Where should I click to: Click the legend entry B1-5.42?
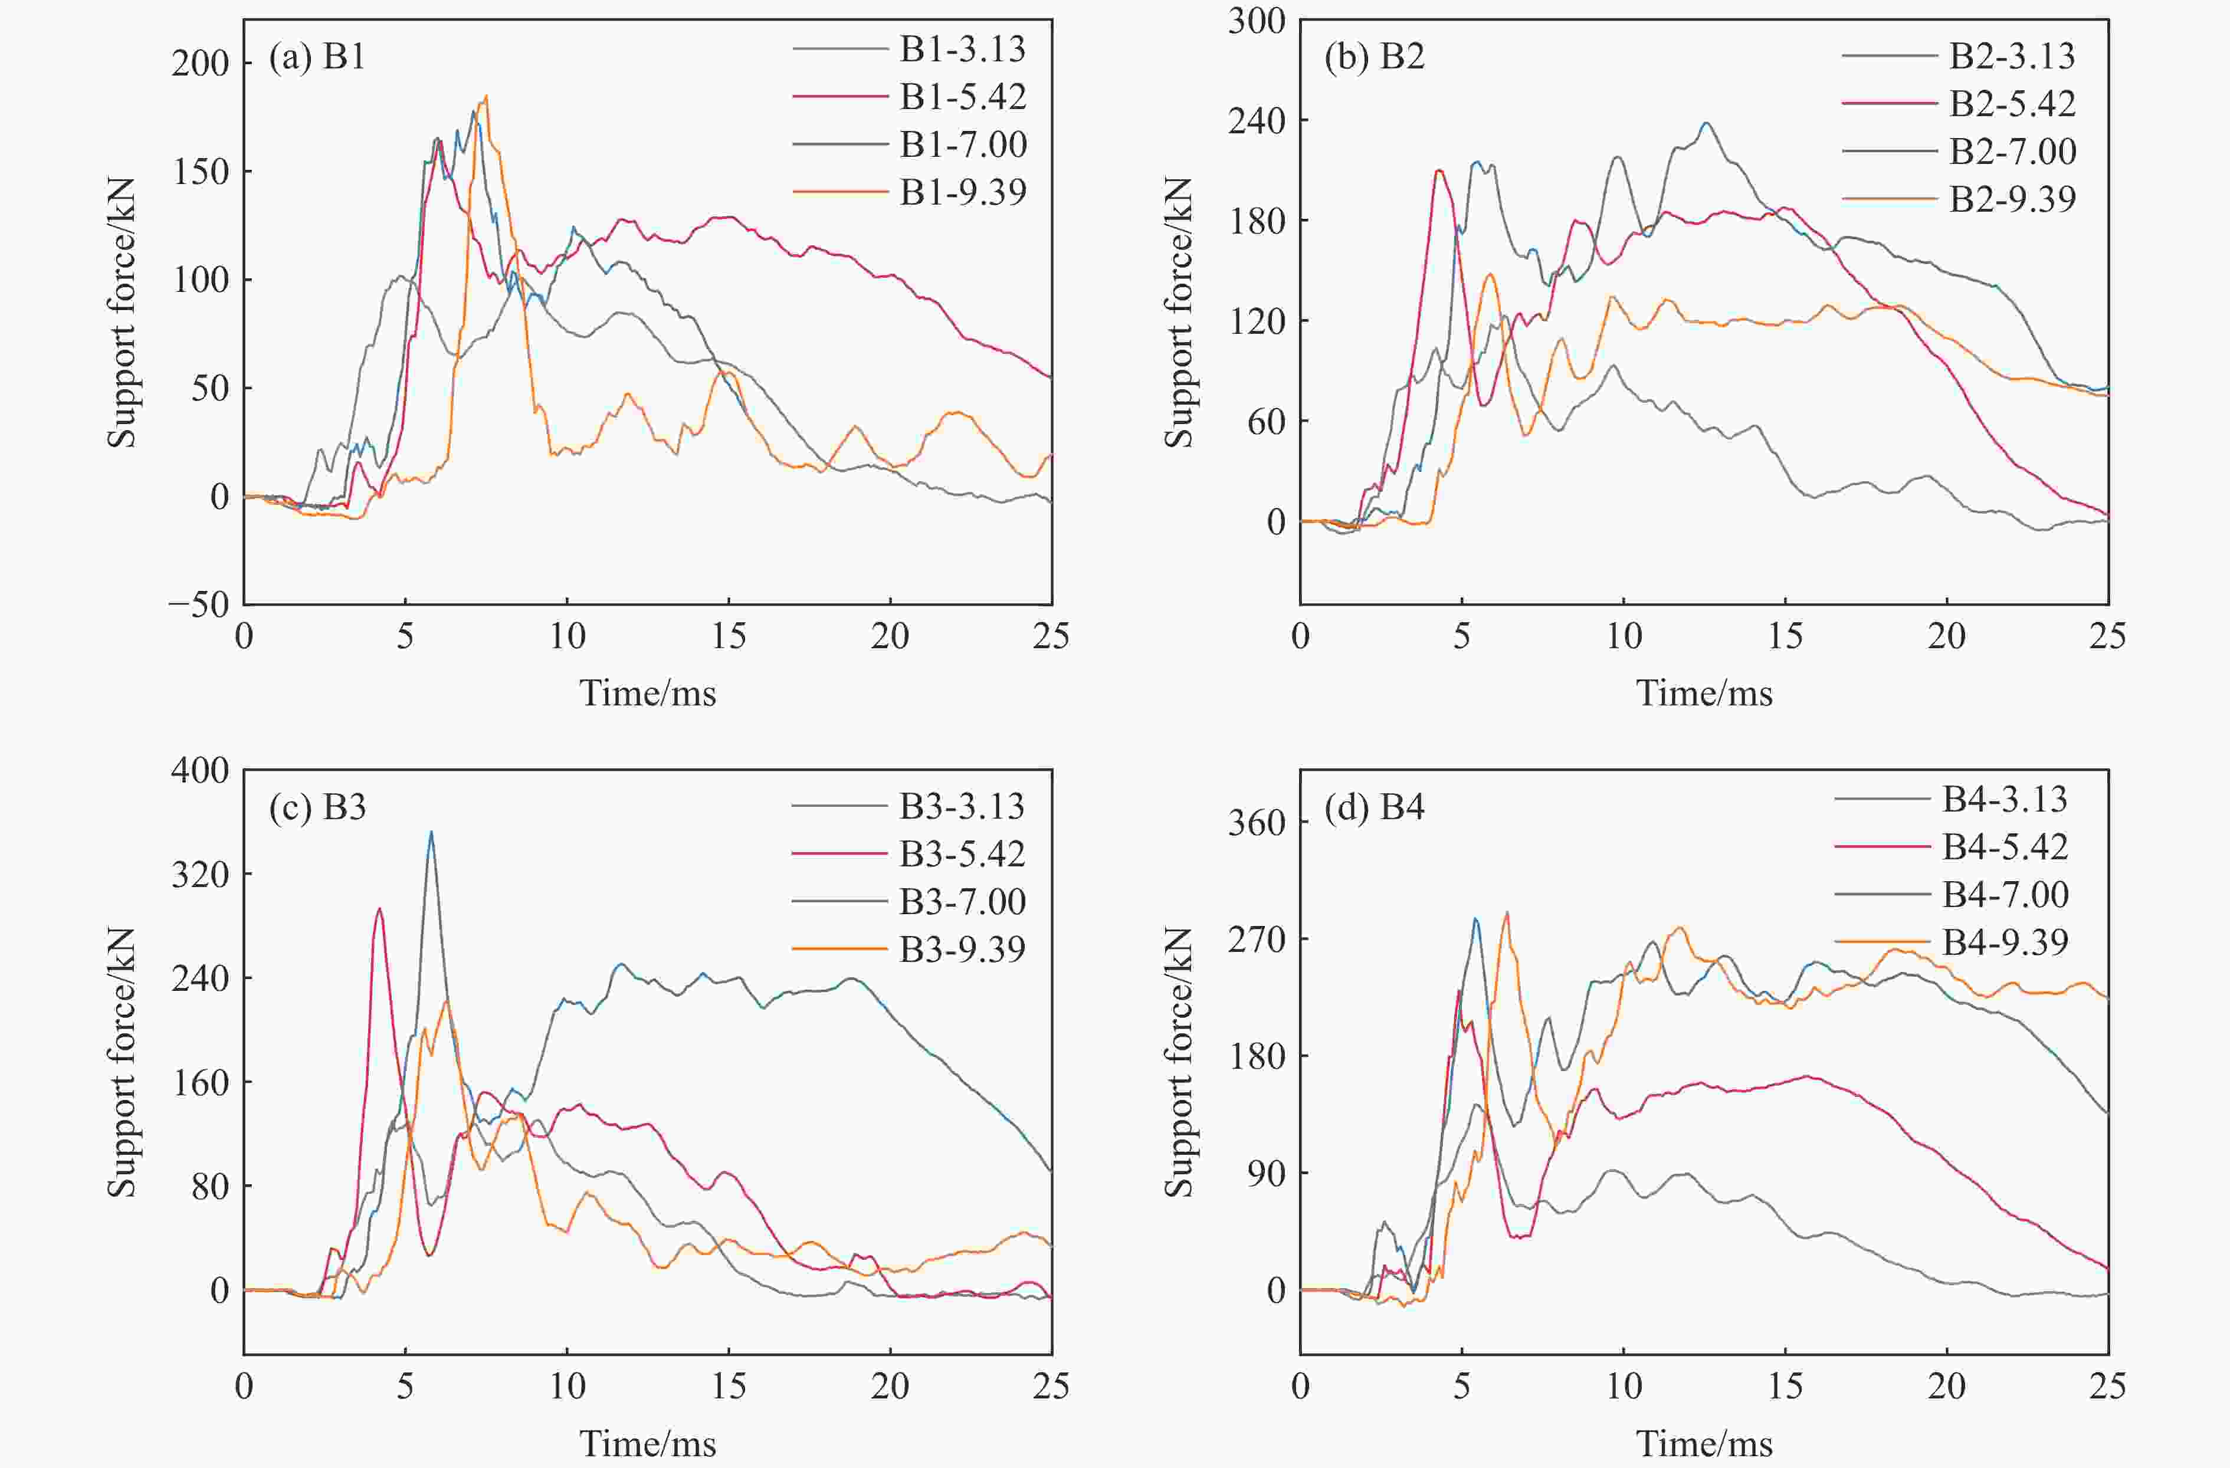pyautogui.click(x=962, y=97)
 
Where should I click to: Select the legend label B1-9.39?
pyautogui.click(x=962, y=192)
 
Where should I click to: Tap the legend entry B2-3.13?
pyautogui.click(x=2012, y=56)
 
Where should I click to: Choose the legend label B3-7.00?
pyautogui.click(x=962, y=901)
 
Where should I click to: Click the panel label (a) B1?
pyautogui.click(x=317, y=57)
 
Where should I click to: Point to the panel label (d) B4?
pyautogui.click(x=1373, y=807)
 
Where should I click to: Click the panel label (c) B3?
pyautogui.click(x=317, y=807)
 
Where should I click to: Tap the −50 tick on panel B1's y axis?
pyautogui.click(x=199, y=605)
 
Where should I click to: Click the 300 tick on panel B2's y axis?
pyautogui.click(x=1257, y=21)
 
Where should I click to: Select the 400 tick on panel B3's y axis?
pyautogui.click(x=199, y=770)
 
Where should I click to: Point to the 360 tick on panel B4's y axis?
pyautogui.click(x=1257, y=823)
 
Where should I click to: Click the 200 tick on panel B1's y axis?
pyautogui.click(x=199, y=64)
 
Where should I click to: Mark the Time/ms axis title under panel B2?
pyautogui.click(x=1703, y=693)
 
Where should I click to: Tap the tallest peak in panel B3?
pyautogui.click(x=431, y=832)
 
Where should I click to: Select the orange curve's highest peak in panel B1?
pyautogui.click(x=486, y=96)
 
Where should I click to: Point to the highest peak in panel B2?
pyautogui.click(x=1706, y=123)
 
